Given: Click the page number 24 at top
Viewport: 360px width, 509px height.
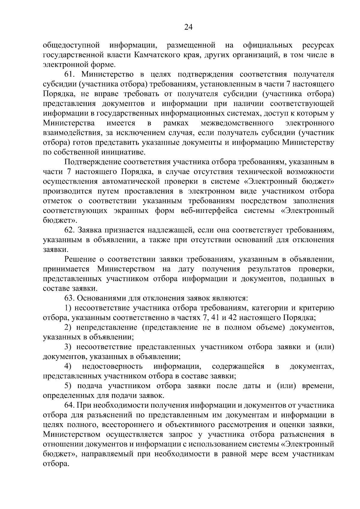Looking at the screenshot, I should coord(188,27).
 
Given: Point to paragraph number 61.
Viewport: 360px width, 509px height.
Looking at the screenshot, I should coord(70,74).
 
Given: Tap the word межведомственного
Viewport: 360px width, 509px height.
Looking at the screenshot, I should coord(237,123).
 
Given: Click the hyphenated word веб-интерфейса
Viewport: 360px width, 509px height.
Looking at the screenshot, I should coord(209,211).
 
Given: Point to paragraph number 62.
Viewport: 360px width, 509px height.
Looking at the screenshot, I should coord(70,230).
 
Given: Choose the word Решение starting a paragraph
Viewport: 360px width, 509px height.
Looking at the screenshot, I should coord(79,259).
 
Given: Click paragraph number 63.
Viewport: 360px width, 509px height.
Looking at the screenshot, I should coord(70,298).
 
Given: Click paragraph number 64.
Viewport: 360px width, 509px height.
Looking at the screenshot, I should coord(70,405).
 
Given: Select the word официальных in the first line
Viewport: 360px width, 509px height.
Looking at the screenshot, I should coord(268,45).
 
